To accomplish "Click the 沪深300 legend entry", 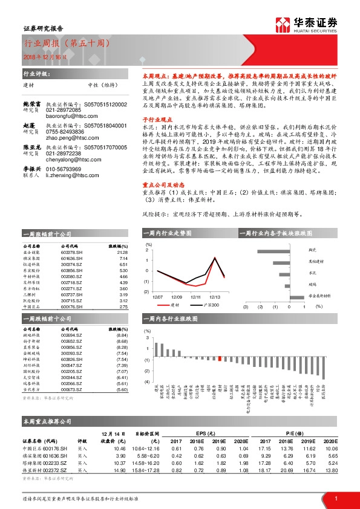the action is (x=209, y=306).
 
